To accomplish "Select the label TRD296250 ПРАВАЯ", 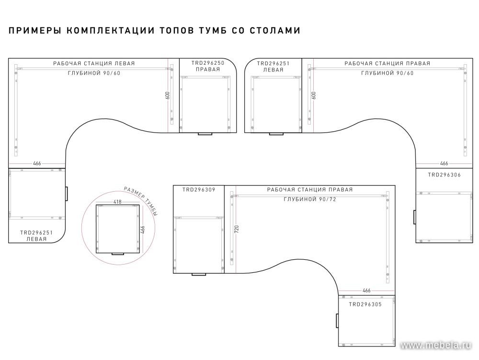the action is click(x=208, y=66).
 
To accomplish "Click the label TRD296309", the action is click(x=199, y=189).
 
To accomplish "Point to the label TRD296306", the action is click(x=444, y=175).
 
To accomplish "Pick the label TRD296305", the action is click(x=365, y=304).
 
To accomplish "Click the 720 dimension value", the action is click(x=237, y=230).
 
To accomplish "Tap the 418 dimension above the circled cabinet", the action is click(x=117, y=202).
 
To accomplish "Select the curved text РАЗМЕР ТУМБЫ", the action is click(x=142, y=200).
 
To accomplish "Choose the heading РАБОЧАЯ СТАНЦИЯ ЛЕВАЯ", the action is click(x=94, y=64).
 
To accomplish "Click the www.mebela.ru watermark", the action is click(x=436, y=345).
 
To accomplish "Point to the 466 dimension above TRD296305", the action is click(x=366, y=290).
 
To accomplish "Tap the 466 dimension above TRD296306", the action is click(x=444, y=163).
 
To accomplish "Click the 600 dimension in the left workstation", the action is click(x=167, y=95).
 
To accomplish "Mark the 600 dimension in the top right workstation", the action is click(x=314, y=95).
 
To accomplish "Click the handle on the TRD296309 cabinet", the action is click(x=199, y=274).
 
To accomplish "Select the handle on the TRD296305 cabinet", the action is click(x=337, y=320).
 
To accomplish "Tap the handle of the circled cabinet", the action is click(x=118, y=254).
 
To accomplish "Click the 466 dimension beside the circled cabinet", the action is click(x=142, y=230).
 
